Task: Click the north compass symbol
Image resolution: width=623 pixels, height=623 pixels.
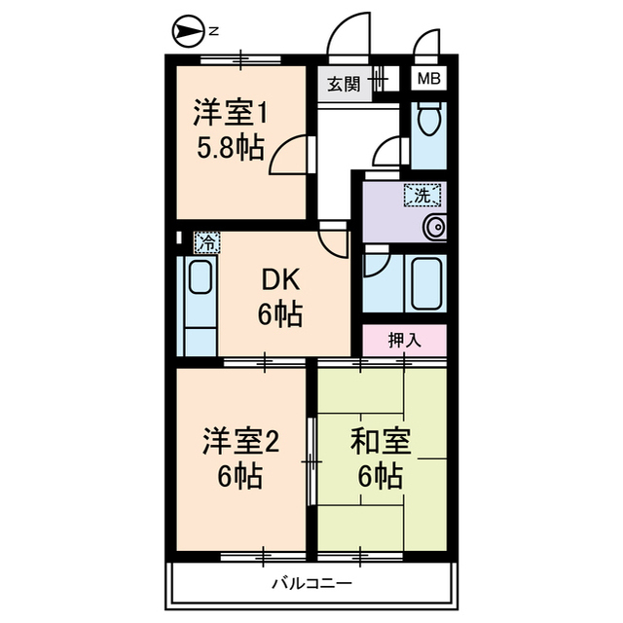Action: [185, 32]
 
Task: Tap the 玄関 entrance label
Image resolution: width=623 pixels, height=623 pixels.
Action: [342, 84]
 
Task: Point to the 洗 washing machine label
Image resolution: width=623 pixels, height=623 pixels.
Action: [422, 195]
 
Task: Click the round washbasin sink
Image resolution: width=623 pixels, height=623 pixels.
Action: [433, 228]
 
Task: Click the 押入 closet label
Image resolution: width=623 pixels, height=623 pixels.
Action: [404, 341]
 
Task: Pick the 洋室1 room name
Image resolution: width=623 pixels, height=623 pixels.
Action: [230, 113]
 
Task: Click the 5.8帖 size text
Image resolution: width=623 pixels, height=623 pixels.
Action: [230, 149]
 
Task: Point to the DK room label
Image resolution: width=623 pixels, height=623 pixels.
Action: [280, 280]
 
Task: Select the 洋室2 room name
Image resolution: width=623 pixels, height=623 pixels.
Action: [241, 441]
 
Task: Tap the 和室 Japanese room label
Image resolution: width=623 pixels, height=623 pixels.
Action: [380, 441]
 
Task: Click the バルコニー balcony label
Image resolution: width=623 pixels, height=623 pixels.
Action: [311, 583]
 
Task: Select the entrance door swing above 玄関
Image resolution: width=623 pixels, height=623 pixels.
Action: [348, 41]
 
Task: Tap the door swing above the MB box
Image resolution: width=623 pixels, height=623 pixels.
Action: [426, 47]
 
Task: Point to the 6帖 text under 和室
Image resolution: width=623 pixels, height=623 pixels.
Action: [380, 477]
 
